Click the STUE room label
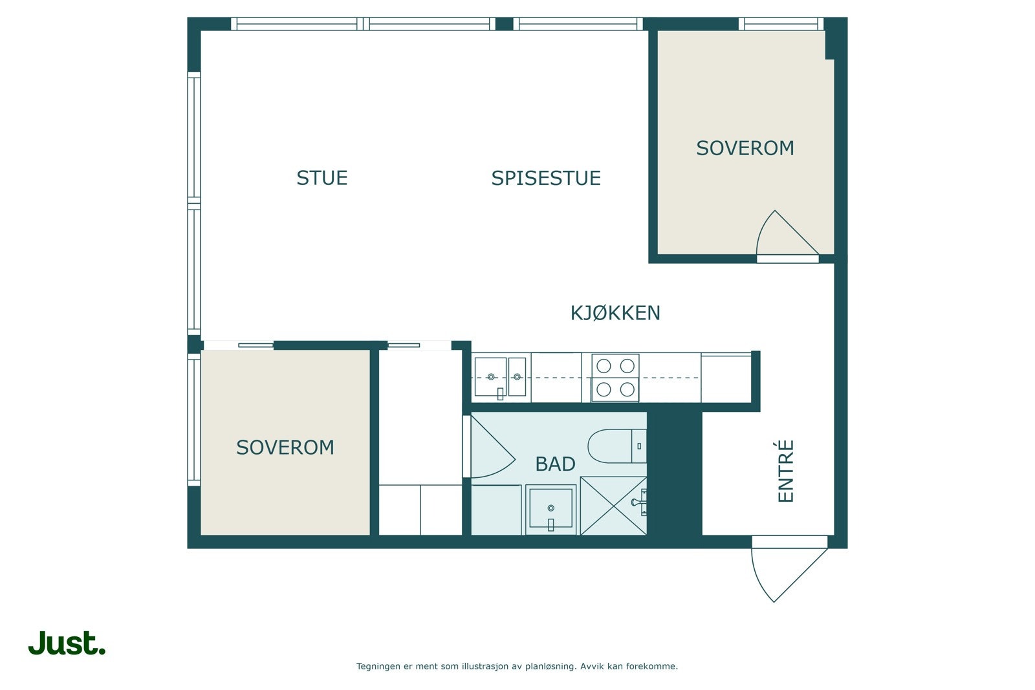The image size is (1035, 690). (x=321, y=178)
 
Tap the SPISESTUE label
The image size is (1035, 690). (x=546, y=178)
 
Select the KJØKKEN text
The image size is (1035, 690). (x=615, y=313)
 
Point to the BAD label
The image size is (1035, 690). (x=555, y=464)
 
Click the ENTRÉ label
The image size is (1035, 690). (x=785, y=471)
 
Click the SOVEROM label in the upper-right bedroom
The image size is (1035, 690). (x=745, y=148)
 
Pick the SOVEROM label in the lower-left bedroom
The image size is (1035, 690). (x=285, y=447)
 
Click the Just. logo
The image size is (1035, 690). (x=67, y=642)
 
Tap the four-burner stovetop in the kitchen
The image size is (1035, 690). (x=615, y=378)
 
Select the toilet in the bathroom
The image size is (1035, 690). (x=617, y=446)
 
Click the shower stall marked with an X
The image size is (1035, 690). (x=613, y=506)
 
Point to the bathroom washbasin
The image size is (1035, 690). (x=550, y=510)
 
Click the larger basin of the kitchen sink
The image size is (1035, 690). (x=490, y=377)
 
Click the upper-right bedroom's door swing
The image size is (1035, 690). (x=787, y=233)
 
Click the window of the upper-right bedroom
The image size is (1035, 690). (x=781, y=23)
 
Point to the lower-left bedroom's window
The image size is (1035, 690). (x=194, y=420)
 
